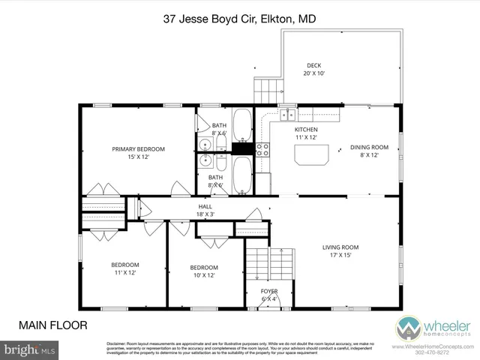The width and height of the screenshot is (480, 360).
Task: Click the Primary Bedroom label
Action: [139, 153]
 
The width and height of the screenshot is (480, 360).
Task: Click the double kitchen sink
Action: [289, 114]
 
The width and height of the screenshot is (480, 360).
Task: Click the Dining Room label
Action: [369, 151]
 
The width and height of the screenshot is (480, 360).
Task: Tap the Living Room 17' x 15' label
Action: [340, 251]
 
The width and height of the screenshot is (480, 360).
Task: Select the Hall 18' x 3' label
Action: [205, 210]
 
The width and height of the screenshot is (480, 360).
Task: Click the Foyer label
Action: [268, 295]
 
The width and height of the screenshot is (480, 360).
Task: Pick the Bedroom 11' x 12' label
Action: [125, 268]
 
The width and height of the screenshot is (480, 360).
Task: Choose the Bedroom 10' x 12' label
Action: [203, 271]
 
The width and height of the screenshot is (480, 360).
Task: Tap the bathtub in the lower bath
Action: [241, 174]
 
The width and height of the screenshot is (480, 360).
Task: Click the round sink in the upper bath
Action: [205, 144]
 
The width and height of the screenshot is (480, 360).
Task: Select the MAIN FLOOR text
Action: [53, 325]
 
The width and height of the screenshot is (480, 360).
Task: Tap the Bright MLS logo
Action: [28, 349]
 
